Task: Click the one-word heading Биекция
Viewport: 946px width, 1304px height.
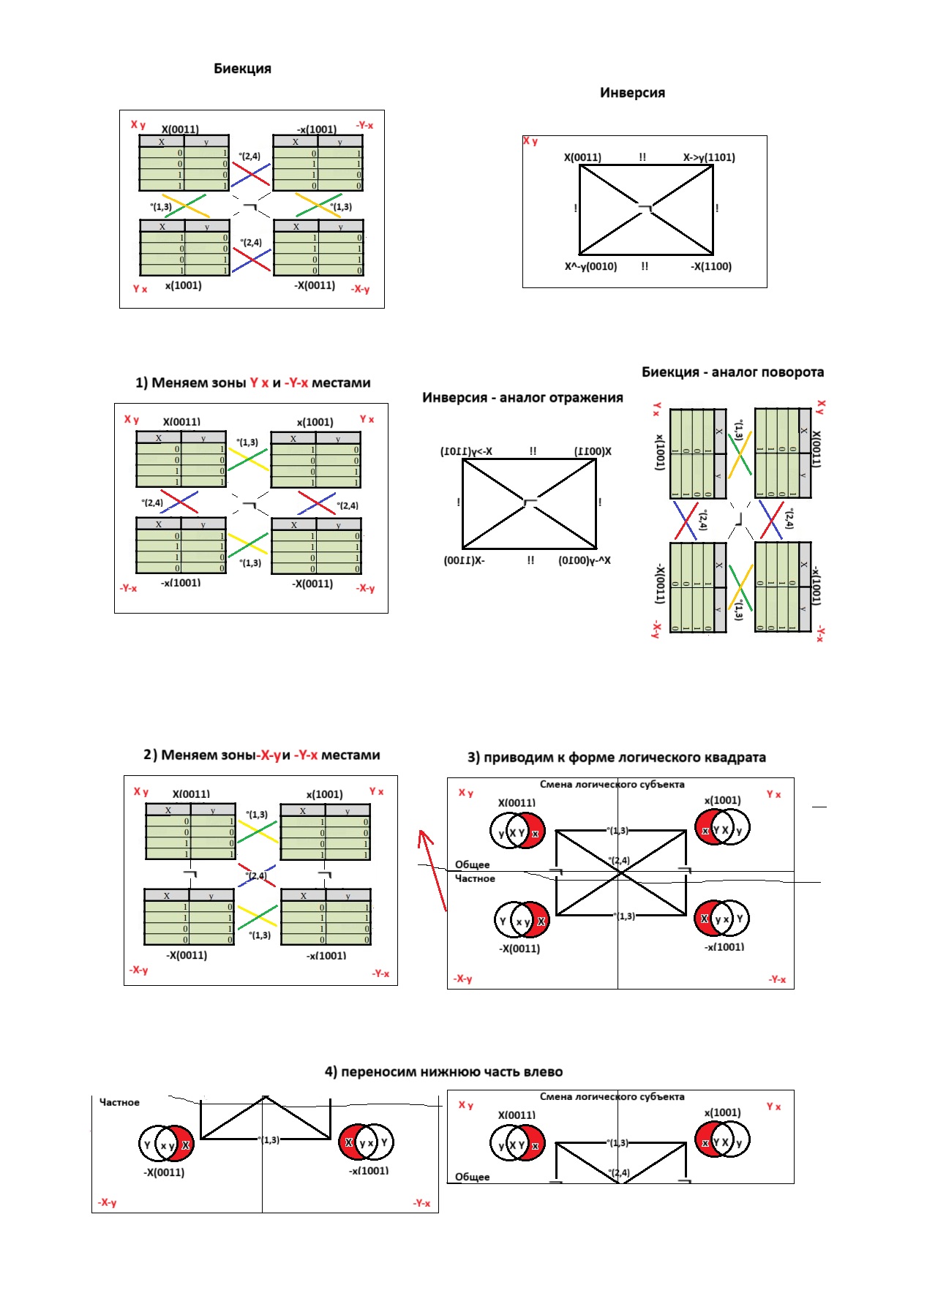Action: coord(242,69)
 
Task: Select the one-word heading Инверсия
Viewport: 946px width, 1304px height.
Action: coord(632,93)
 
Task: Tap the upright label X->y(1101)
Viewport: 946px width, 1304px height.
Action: coord(709,157)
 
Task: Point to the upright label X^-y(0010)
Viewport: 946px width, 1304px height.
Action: coord(590,266)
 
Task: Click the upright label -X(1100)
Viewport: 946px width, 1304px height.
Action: coord(711,266)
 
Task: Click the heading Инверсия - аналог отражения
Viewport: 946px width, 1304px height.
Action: coord(522,398)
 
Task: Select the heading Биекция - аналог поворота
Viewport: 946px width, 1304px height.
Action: coord(732,372)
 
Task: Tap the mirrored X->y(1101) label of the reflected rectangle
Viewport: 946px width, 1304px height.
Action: coord(466,451)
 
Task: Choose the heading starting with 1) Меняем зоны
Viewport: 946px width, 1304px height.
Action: coord(253,383)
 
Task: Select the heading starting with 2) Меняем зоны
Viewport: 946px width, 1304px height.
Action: coord(262,755)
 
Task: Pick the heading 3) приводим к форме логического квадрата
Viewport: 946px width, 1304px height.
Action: coord(616,758)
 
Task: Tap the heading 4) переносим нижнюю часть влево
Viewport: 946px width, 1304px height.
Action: coord(443,1072)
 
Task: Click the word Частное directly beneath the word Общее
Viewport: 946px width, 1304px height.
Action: coord(475,878)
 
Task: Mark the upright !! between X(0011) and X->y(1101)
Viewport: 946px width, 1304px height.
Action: coord(642,157)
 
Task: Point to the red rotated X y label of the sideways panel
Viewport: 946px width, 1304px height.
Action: coord(821,407)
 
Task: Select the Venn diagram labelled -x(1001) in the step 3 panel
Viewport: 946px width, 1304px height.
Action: coord(721,919)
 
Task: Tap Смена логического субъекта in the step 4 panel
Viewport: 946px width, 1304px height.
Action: coord(612,1097)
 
